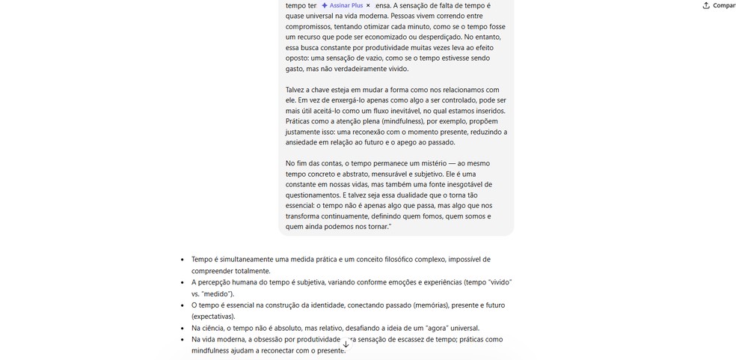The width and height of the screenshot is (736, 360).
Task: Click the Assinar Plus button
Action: [x=342, y=5]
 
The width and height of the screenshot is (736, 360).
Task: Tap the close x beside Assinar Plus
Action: [x=368, y=5]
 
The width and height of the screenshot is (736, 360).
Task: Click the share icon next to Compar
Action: [x=706, y=5]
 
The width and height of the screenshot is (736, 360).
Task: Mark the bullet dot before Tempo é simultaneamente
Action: [x=183, y=260]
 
